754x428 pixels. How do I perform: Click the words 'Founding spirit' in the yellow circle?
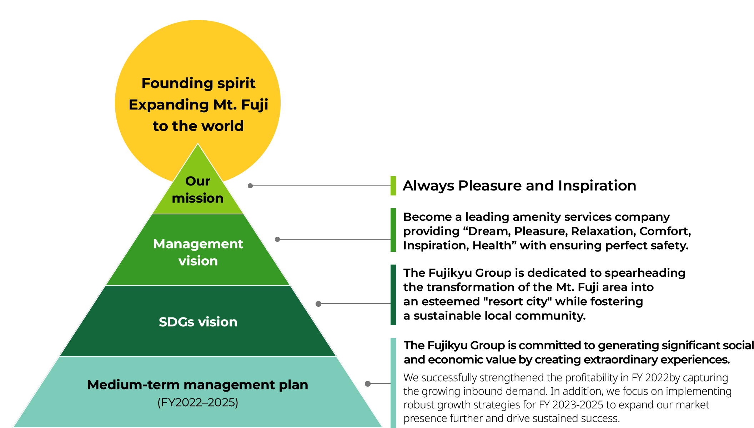coord(198,83)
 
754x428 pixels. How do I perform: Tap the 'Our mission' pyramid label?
coord(198,190)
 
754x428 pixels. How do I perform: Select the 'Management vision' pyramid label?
coord(198,252)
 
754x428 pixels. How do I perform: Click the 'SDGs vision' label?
coord(198,322)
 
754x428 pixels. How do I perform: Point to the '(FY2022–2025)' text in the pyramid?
coord(198,403)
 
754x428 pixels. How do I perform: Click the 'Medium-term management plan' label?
coord(197,385)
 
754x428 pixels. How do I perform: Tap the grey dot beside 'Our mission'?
coord(250,186)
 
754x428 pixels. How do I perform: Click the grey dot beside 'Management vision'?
coord(277,239)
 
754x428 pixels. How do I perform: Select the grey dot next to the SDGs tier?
coord(318,304)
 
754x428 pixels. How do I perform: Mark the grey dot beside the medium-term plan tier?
coord(368,384)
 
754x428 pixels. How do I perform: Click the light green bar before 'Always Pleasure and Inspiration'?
coord(393,186)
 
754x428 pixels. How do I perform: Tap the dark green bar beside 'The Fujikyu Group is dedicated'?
coord(393,295)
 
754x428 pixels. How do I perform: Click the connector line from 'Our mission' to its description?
coord(321,186)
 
